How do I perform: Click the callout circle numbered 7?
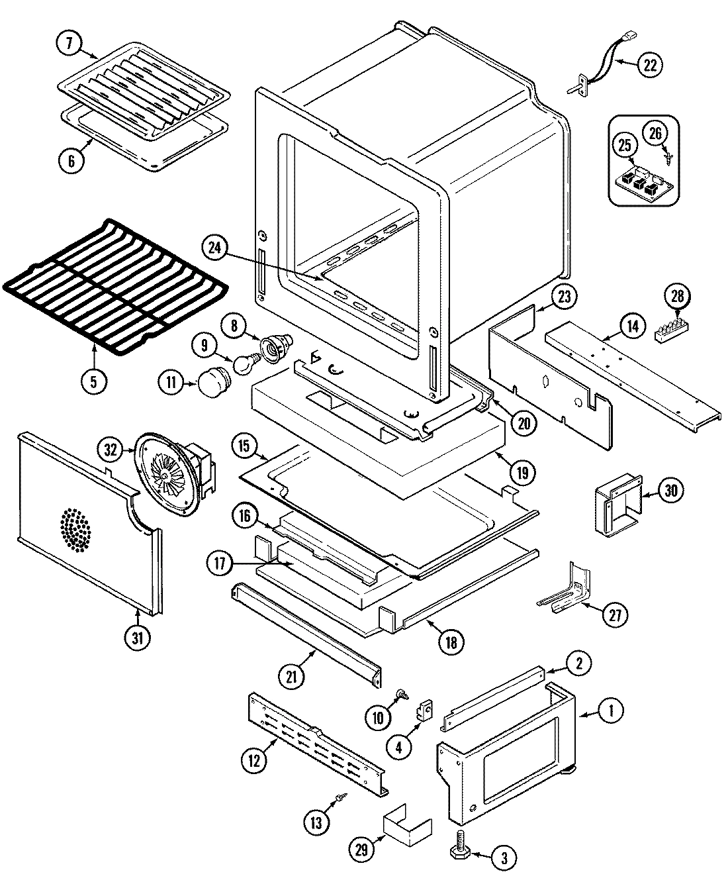[x=68, y=44]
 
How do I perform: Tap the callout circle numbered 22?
[x=650, y=64]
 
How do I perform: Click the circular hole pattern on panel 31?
[x=77, y=530]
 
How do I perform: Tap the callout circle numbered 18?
[x=450, y=640]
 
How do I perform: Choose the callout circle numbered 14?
[x=633, y=325]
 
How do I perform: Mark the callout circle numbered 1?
[x=611, y=711]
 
